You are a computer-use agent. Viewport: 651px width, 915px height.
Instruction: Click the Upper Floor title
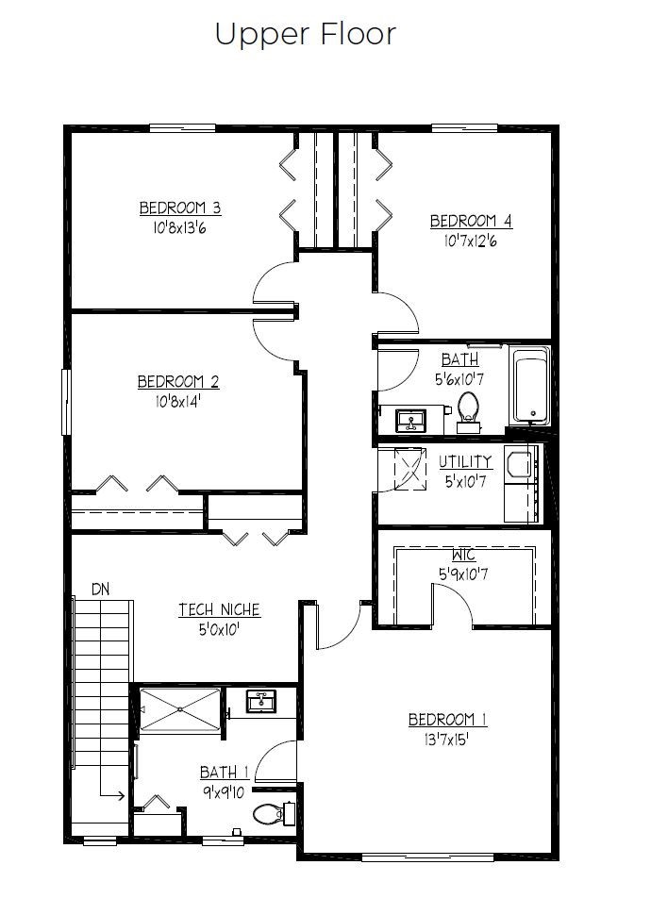pos(306,34)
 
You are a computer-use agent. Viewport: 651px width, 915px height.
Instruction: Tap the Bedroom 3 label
pos(180,208)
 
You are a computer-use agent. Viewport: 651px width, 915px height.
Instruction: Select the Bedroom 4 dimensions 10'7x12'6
pos(470,241)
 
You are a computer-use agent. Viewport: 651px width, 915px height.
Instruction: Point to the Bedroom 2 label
pos(178,382)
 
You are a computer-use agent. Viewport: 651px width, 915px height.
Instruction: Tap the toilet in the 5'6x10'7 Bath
pos(468,412)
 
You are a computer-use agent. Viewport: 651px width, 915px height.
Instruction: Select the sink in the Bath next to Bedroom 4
pos(411,420)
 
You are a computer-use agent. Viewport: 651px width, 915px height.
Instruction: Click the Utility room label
pos(465,461)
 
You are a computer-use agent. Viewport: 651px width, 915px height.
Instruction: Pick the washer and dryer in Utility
pos(522,484)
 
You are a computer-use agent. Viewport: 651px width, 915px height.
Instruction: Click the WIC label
pos(463,555)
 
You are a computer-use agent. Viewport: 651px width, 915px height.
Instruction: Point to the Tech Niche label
pos(219,609)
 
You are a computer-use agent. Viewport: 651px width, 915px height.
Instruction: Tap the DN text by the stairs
pos(100,590)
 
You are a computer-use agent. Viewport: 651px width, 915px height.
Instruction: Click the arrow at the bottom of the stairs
pos(111,795)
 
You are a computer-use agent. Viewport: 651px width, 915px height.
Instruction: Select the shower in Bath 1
pos(180,709)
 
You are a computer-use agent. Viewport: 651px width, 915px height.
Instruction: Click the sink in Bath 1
pos(261,701)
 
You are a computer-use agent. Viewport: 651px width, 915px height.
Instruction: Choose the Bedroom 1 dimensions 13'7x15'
pos(447,740)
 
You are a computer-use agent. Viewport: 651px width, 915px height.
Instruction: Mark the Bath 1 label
pos(225,773)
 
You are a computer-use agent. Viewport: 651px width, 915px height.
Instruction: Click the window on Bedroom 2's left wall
pos(66,402)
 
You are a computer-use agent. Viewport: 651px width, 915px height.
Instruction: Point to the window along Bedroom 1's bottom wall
pos(427,857)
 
